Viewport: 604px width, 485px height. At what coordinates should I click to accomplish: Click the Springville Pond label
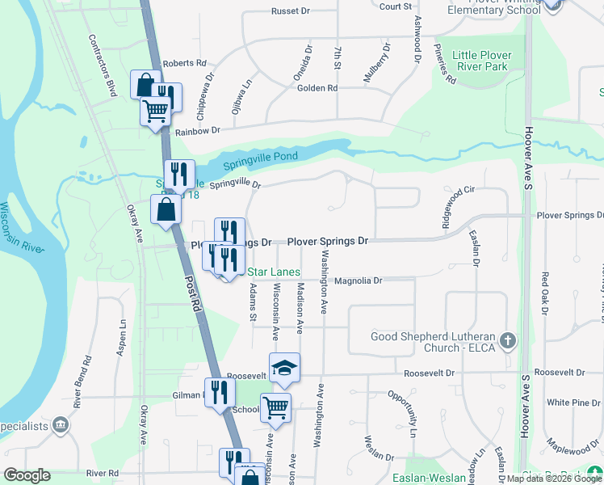click(x=263, y=157)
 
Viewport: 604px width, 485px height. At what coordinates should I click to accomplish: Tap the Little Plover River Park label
click(x=482, y=61)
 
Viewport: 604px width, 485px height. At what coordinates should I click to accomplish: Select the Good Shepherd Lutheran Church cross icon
click(x=506, y=340)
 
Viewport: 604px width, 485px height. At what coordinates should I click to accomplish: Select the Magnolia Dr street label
click(x=358, y=280)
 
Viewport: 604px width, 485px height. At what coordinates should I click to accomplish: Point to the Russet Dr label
click(x=291, y=11)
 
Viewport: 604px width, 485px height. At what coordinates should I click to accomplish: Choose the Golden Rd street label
click(x=317, y=88)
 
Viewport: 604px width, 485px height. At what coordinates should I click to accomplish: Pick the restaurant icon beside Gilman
click(x=220, y=393)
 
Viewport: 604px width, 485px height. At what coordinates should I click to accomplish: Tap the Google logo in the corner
click(x=27, y=475)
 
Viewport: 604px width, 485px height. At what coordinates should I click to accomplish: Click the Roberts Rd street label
click(x=184, y=63)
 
